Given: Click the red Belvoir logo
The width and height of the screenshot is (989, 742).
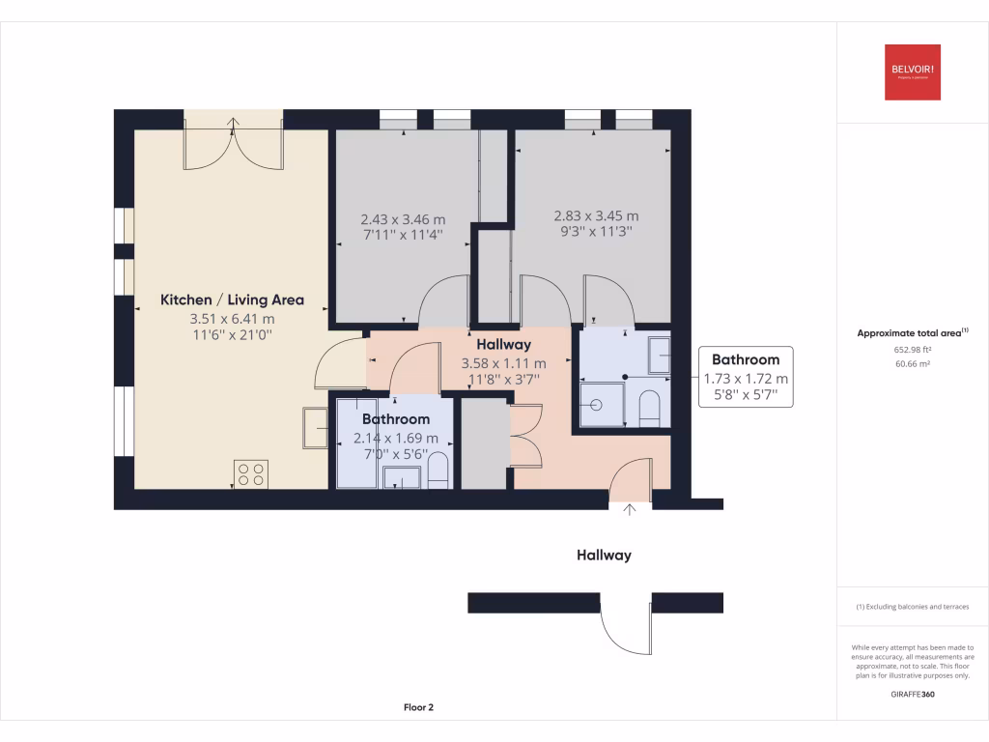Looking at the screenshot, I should tap(913, 72).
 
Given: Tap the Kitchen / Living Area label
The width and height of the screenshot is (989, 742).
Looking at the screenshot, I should tap(232, 300).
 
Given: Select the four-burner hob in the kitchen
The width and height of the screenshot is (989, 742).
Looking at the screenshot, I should tap(251, 473).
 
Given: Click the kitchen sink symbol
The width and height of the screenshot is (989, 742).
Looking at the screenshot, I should tap(315, 428).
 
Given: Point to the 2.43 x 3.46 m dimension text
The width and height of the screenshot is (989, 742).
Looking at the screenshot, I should tap(403, 219).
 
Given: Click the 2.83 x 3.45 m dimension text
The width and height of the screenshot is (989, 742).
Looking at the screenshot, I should tap(596, 216).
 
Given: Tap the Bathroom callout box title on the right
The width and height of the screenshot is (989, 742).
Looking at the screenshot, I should tap(746, 359).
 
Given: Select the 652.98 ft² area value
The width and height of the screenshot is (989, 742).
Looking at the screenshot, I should tap(913, 350).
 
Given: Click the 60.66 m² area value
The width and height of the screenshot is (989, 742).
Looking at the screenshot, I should tap(913, 364).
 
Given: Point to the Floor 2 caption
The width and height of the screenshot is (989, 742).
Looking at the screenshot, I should tap(418, 707).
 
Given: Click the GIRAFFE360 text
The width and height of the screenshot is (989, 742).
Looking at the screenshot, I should tap(913, 694).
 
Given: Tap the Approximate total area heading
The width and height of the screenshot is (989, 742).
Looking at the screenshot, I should tap(913, 332).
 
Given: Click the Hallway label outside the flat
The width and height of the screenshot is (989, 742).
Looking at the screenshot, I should tap(604, 555).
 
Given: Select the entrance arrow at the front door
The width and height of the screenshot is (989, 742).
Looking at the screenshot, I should tap(631, 509).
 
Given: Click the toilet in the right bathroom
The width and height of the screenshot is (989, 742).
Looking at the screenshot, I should tap(649, 408).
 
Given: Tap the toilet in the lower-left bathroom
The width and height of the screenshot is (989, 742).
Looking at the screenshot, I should tap(438, 471).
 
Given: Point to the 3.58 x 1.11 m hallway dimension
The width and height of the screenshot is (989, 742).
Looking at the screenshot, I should tap(503, 364).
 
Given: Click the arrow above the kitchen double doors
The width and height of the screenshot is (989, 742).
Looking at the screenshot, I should tap(234, 123).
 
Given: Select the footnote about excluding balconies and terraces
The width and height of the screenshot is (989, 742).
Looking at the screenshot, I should tap(913, 607).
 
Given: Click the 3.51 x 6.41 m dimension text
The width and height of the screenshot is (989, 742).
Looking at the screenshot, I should tap(232, 318).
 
